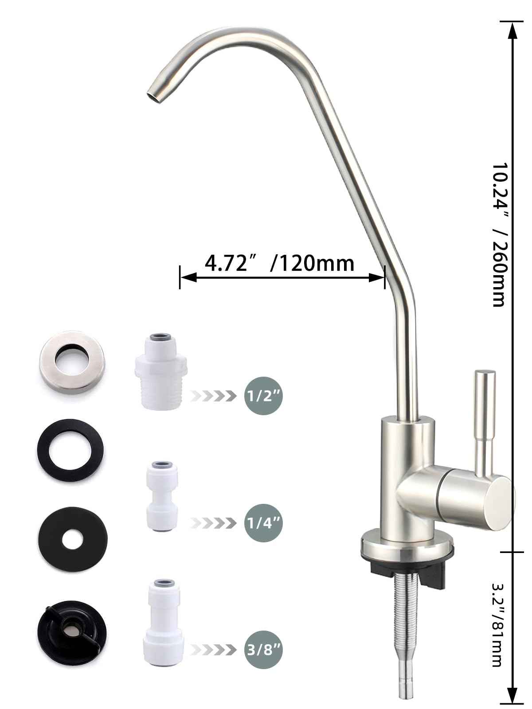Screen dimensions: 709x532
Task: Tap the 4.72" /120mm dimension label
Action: coord(279,264)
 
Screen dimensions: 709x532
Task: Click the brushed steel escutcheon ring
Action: coord(71,361)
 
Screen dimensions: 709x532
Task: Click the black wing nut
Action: coord(71,628)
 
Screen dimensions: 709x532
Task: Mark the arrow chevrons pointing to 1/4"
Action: coord(212,523)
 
